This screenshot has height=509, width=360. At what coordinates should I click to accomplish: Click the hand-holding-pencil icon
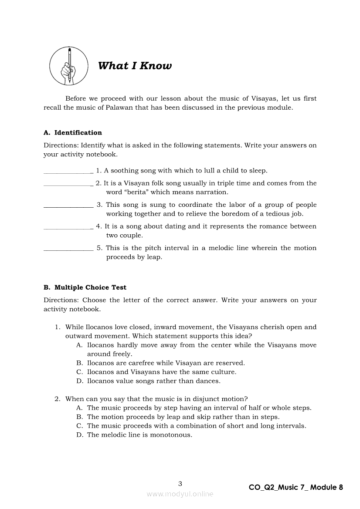pos(69,66)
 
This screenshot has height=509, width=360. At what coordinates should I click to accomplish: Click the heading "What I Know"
pos(135,66)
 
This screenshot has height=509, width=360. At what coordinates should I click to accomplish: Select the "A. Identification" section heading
pos(73,133)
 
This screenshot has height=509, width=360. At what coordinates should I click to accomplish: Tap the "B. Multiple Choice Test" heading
pos(85,287)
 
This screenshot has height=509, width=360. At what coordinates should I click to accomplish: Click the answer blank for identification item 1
pos(68,173)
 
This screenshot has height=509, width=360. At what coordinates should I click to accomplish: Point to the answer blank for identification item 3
pos(68,207)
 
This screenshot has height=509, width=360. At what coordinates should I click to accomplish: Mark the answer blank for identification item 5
pos(68,250)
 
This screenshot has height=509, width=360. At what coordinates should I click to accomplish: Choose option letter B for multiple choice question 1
pos(79,363)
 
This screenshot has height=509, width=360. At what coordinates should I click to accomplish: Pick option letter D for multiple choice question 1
pos(79,381)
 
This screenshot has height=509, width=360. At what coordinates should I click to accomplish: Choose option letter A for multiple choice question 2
pos(79,408)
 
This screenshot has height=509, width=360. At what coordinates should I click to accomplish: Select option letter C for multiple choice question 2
pos(79,426)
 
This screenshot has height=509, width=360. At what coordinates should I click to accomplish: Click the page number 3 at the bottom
pos(180,483)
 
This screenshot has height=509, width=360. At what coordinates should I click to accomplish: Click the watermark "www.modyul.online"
pos(180,494)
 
